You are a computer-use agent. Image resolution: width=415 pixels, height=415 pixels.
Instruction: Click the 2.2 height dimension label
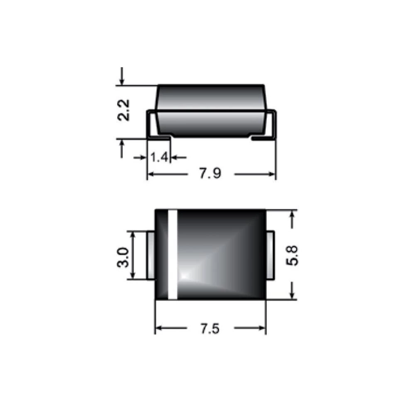click(124, 110)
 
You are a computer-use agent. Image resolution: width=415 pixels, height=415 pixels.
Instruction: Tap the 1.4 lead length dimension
click(159, 157)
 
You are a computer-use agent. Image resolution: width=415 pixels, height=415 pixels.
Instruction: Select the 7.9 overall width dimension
click(210, 173)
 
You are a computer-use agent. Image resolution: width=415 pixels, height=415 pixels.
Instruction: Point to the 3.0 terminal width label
click(123, 257)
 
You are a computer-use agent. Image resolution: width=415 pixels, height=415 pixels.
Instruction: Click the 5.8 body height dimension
click(292, 255)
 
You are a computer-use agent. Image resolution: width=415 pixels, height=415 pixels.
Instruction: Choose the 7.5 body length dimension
click(210, 328)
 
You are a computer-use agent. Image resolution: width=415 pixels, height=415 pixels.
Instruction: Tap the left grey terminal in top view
click(151, 255)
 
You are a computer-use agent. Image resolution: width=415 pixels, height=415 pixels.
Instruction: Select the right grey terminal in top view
click(270, 255)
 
